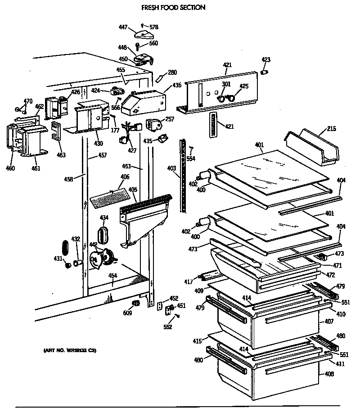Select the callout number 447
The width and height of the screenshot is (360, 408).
pyautogui.click(x=123, y=28)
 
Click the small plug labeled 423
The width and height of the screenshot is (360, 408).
pyautogui.click(x=265, y=72)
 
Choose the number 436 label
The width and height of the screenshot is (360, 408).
pyautogui.click(x=177, y=86)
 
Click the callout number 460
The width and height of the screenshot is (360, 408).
pyautogui.click(x=10, y=168)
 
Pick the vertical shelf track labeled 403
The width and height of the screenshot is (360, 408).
pyautogui.click(x=183, y=176)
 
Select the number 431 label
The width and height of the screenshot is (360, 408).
pyautogui.click(x=58, y=258)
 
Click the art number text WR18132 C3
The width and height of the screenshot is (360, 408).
pyautogui.click(x=70, y=350)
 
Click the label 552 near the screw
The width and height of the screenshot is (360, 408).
pyautogui.click(x=167, y=327)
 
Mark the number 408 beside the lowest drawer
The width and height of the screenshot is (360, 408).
pyautogui.click(x=329, y=374)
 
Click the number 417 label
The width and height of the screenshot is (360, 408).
pyautogui.click(x=188, y=282)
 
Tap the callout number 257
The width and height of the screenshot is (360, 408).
pyautogui.click(x=169, y=119)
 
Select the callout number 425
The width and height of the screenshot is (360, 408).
pyautogui.click(x=243, y=86)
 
